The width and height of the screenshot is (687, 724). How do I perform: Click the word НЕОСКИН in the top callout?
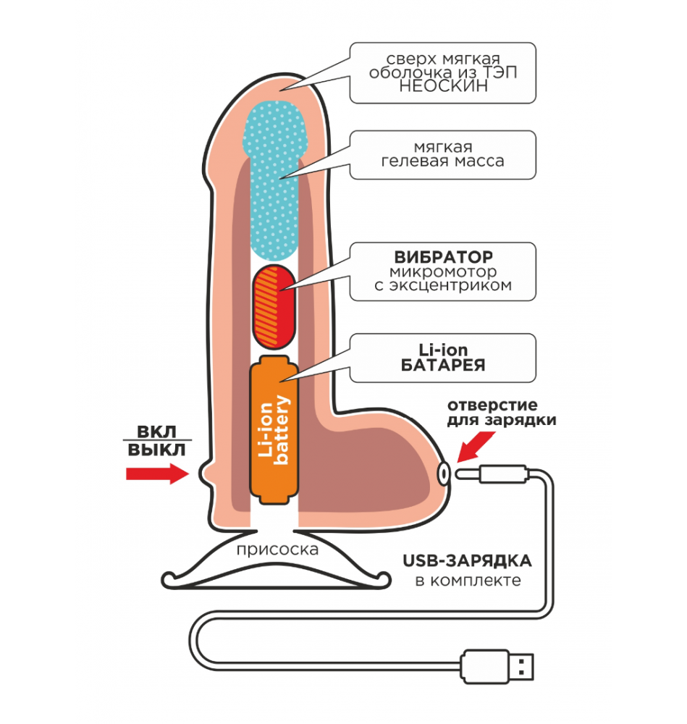tap(443, 86)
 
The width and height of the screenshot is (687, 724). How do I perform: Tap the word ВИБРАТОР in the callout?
tap(443, 257)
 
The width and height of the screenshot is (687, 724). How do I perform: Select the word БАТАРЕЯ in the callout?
tap(443, 365)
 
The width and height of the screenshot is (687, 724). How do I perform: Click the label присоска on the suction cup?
tap(277, 550)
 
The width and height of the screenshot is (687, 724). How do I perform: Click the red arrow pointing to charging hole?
tap(473, 445)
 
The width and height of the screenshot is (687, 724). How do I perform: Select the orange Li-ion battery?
tap(272, 432)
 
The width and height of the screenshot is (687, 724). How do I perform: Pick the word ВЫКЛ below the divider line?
tap(156, 450)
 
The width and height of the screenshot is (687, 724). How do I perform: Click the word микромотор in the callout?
tap(443, 271)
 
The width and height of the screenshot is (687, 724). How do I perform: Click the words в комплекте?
tap(468, 581)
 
